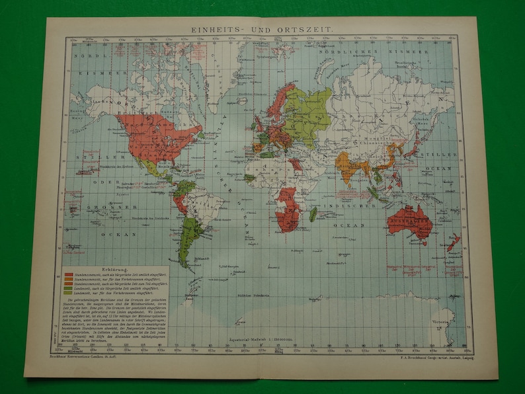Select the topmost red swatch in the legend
pos(69,272)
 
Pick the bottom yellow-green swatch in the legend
pos(69,292)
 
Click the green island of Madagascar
pos(313,214)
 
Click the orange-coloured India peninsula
pos(352,167)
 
